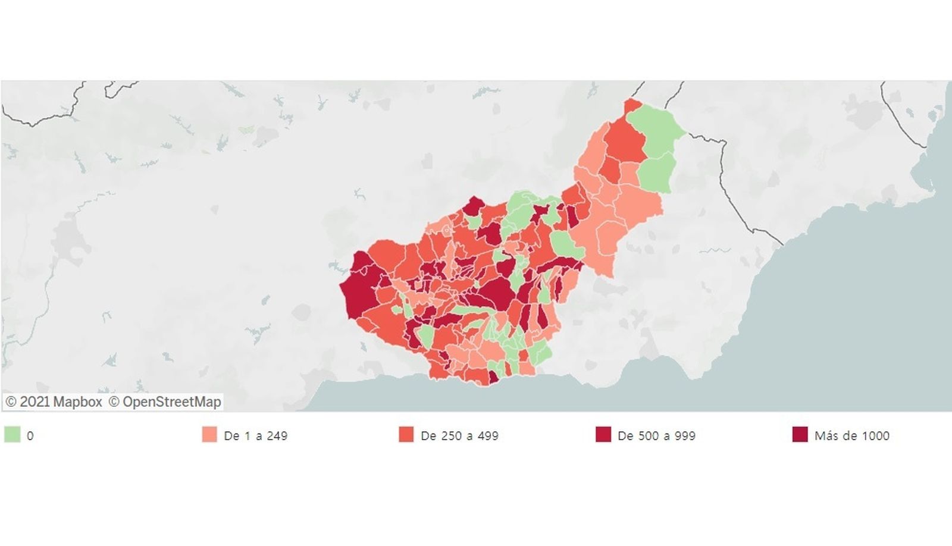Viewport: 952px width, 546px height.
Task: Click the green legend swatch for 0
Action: [12, 435]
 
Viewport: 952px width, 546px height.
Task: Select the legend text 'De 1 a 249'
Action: [255, 436]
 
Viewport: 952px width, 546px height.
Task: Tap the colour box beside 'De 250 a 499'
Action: [406, 435]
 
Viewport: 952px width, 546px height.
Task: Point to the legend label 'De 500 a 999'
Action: [656, 436]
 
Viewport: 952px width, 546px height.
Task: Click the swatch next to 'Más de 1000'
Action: [800, 435]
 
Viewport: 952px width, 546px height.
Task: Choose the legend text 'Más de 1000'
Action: [851, 436]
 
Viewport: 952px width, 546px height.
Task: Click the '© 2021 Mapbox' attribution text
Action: [54, 402]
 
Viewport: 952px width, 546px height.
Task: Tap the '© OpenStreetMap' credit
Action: [164, 402]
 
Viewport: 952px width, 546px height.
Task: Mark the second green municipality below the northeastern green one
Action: [657, 172]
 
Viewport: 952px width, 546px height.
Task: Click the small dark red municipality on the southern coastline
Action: [493, 377]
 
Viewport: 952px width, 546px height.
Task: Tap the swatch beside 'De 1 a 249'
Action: [209, 435]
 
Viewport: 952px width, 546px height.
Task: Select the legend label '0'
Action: [30, 436]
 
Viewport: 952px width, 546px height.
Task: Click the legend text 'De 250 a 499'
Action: [459, 436]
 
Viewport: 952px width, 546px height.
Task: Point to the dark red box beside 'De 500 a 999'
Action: [603, 435]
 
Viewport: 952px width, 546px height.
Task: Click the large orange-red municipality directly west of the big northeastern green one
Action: [625, 140]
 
